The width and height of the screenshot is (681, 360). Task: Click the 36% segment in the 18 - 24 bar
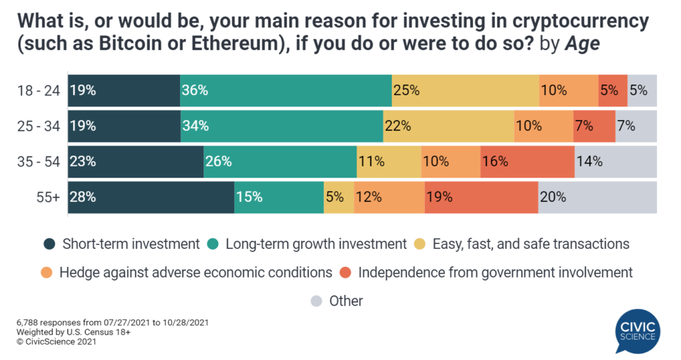[x=285, y=90]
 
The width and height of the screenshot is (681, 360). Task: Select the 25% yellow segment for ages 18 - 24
[x=465, y=90]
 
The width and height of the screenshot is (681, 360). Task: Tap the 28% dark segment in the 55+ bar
[x=151, y=197]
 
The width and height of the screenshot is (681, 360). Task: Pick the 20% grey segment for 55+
[x=597, y=197]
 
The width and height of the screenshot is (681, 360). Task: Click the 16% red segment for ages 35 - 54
[x=527, y=162]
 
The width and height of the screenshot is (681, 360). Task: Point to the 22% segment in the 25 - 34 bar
[x=448, y=126]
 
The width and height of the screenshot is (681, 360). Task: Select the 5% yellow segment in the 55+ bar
[x=339, y=197]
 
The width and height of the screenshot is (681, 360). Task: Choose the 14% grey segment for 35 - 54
[x=615, y=162]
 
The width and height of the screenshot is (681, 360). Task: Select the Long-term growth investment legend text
[x=316, y=244]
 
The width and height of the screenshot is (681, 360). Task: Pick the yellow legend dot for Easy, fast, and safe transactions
[x=421, y=244]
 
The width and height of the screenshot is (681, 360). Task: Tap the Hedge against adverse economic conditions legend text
[x=196, y=272]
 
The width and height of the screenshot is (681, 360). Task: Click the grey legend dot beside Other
[x=317, y=301]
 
